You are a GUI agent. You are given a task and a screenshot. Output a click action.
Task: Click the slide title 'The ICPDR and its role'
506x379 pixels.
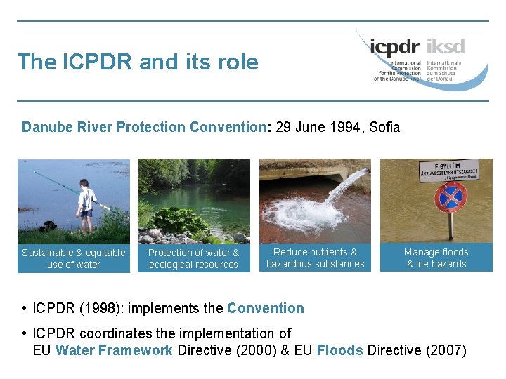[x=138, y=62]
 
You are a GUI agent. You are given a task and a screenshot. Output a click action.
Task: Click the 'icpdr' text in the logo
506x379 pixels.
[x=394, y=48]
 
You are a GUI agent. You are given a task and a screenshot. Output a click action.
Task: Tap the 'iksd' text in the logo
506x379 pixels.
[x=445, y=48]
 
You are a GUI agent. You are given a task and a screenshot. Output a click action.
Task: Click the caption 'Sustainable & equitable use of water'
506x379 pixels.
[x=74, y=258]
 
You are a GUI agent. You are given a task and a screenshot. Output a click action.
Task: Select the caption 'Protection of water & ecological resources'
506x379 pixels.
[x=193, y=258]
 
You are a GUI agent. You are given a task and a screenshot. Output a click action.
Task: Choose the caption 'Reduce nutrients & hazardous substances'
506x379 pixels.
[x=315, y=258]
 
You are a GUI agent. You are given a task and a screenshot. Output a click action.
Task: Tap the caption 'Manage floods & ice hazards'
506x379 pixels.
[x=436, y=258]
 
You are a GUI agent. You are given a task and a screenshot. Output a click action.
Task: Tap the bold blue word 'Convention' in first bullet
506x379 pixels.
[x=265, y=308]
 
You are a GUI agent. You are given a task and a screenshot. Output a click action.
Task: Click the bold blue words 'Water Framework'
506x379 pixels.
[x=114, y=350]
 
